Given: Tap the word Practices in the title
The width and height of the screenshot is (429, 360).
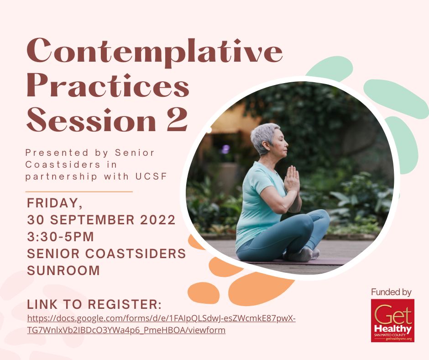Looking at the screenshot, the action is pyautogui.click(x=108, y=86).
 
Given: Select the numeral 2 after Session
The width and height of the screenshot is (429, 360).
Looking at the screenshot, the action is pyautogui.click(x=178, y=119).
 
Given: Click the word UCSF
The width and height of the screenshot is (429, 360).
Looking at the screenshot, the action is pyautogui.click(x=151, y=176).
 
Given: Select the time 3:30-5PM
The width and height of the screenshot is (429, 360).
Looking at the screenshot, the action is pyautogui.click(x=60, y=237).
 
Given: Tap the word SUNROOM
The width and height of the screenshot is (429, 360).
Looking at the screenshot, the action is pyautogui.click(x=63, y=270).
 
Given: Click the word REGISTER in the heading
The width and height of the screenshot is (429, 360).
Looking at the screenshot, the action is pyautogui.click(x=125, y=304).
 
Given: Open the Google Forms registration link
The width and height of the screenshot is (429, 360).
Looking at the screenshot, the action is pyautogui.click(x=162, y=324).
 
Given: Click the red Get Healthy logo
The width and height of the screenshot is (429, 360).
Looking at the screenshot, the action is pyautogui.click(x=392, y=321).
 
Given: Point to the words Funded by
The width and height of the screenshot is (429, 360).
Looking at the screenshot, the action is pyautogui.click(x=391, y=292).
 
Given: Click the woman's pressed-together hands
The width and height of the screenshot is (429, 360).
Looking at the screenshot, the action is pyautogui.click(x=292, y=180).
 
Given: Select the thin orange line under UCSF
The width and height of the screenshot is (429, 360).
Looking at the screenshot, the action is pyautogui.click(x=79, y=192).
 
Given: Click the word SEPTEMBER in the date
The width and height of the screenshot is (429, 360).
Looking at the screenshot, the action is pyautogui.click(x=92, y=220).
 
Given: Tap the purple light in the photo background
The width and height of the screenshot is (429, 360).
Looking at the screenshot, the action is pyautogui.click(x=225, y=149).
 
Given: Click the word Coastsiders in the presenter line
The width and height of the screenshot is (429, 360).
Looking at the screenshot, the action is pyautogui.click(x=63, y=164).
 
